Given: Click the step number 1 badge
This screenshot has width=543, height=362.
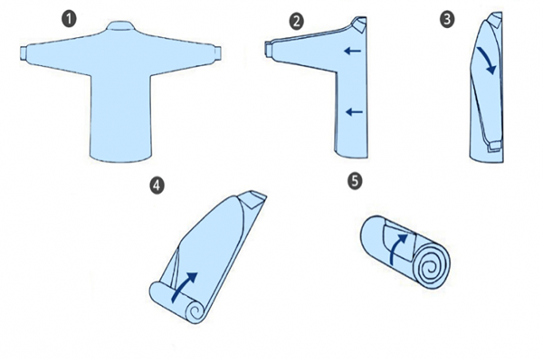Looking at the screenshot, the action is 70,19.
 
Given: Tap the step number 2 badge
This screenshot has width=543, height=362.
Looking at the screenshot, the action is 297,22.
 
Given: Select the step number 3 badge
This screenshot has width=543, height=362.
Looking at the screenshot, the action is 447,19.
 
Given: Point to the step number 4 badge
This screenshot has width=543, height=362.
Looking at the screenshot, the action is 157,186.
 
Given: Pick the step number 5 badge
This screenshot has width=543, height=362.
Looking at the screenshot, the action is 355,181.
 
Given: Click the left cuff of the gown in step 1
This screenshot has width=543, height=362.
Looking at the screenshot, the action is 24,53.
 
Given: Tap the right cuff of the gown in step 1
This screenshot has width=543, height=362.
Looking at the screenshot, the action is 217,53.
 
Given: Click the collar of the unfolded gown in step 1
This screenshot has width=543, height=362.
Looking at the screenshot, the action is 120,26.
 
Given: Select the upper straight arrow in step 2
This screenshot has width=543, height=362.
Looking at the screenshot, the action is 353,52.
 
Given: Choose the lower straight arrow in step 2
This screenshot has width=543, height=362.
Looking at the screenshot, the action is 354,112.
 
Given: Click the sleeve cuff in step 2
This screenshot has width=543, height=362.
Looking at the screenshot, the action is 269,49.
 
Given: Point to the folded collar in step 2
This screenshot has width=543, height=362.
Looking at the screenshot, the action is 359,24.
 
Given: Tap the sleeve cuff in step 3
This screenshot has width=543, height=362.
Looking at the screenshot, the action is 493,145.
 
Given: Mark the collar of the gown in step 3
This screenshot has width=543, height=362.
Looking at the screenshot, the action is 495,20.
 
